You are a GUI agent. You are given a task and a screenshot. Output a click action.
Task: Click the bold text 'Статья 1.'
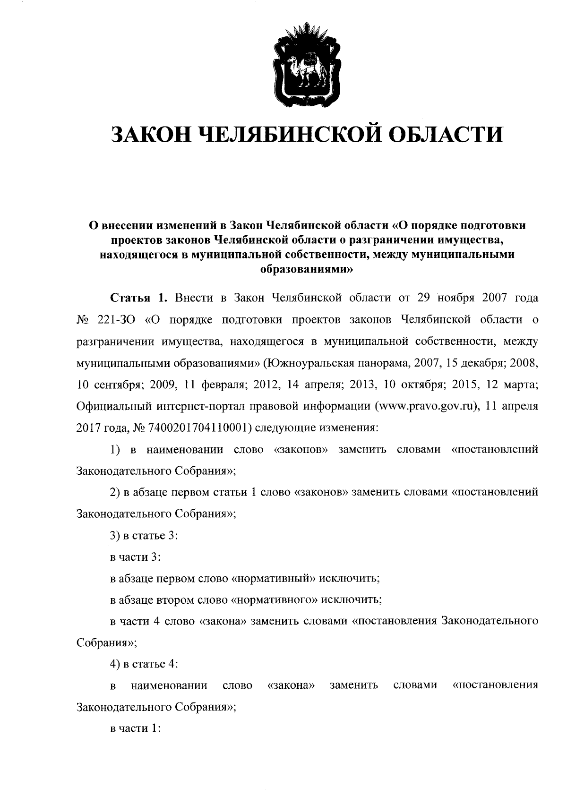(139, 298)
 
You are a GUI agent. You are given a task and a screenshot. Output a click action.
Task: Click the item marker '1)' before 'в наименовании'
(115, 450)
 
